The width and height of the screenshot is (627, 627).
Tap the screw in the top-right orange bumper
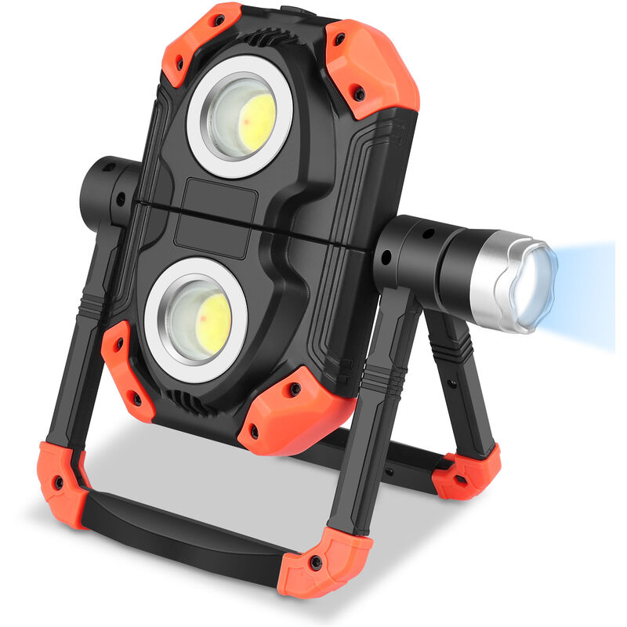coord(359,93)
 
